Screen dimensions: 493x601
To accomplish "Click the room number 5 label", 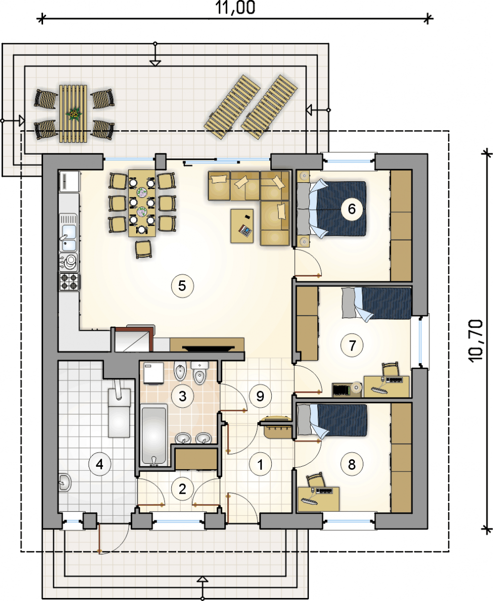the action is [182, 286].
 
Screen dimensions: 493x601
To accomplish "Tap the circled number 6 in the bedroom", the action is [352, 209].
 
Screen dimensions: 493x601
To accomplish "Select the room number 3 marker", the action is [183, 396].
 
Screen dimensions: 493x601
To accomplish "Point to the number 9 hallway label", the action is [260, 396].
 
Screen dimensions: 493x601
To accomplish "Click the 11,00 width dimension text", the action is [235, 8].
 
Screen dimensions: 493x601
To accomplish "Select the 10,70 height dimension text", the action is [476, 341].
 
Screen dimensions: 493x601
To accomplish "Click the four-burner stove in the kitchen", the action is [69, 281].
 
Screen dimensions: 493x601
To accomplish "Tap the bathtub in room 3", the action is [154, 437].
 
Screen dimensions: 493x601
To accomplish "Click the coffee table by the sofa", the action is [242, 226].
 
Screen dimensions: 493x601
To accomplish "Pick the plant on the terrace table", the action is [74, 114].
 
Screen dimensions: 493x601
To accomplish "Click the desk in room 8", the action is [318, 499].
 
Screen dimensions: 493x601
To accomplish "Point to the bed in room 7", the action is [376, 304].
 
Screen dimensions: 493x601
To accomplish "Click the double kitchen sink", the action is [69, 233].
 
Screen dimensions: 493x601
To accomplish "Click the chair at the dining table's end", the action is [143, 249].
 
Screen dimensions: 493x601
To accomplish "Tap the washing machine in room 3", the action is [154, 373].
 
